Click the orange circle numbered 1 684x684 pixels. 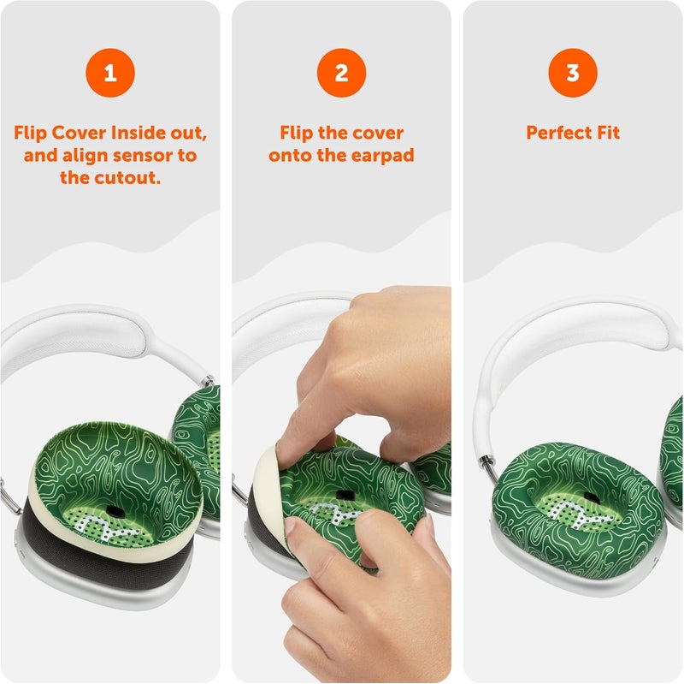(109, 73)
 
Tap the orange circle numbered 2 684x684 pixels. (341, 73)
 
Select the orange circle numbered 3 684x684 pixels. (573, 73)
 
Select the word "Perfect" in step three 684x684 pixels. (557, 134)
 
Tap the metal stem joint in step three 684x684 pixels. (486, 467)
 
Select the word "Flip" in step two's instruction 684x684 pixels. (298, 134)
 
